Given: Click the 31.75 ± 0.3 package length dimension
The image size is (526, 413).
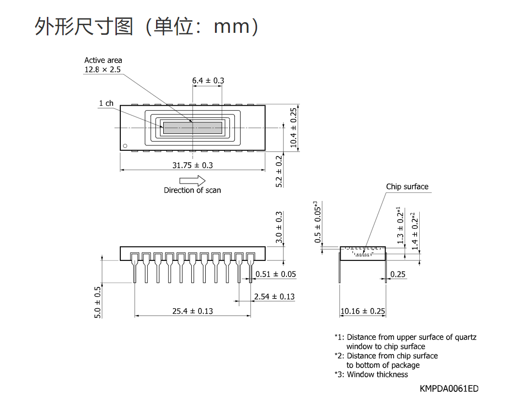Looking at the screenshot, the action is tap(193, 165).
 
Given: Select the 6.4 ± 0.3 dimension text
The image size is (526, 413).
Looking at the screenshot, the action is tap(208, 81).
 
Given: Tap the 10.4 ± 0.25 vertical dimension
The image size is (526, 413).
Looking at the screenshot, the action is tap(294, 128).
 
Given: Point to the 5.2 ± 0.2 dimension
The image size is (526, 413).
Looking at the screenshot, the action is tap(279, 171).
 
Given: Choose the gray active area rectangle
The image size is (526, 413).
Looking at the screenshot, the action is tap(193, 128).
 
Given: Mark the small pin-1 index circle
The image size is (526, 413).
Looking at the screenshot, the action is tap(125, 146).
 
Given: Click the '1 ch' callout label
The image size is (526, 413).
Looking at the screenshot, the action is tap(106, 103).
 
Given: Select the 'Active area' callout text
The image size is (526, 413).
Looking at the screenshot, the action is tap(103, 60).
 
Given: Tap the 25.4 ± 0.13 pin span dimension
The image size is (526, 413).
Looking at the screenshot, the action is tap(193, 312).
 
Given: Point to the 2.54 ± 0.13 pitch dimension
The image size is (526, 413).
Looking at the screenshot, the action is tap(274, 297).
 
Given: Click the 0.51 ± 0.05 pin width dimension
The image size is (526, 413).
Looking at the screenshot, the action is tap(276, 274).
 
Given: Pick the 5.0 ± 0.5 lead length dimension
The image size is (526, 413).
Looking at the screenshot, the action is tap(98, 302).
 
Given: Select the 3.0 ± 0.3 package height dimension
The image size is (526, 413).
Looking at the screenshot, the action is tap(279, 227).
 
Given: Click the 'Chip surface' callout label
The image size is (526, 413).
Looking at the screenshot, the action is tap(407, 186).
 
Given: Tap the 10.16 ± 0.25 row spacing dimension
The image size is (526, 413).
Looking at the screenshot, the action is tap(363, 312).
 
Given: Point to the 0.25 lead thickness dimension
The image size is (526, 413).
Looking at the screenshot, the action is tap(398, 274).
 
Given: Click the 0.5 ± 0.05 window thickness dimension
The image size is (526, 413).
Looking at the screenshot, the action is tap(317, 222).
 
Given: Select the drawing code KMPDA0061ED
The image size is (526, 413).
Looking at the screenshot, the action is tap(449, 388).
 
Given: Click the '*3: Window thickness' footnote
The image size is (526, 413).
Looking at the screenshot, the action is tap(371, 374).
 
